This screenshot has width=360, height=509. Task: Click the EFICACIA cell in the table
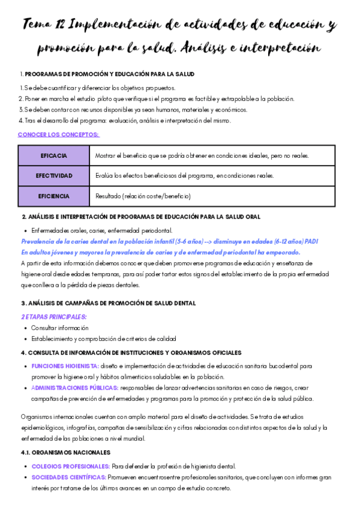coord(53,155)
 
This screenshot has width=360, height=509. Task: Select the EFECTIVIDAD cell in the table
coord(53,176)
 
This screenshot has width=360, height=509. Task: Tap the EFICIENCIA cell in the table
coord(53,196)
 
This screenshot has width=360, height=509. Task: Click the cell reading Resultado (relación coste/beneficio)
coord(143,196)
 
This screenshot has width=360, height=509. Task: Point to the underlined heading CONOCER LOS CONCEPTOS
coord(59,134)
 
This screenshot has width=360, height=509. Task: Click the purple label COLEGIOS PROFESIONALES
coord(70,466)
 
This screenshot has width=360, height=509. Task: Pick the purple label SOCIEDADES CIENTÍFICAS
coord(68,477)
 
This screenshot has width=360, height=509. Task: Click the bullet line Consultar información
coord(59,328)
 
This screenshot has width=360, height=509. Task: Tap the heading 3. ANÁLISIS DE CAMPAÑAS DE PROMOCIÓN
coord(108,303)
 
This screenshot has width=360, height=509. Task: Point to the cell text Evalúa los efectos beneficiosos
coord(185,176)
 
